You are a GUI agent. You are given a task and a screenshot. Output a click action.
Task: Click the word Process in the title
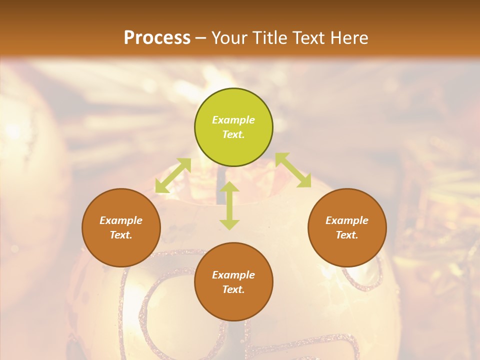pos(157,38)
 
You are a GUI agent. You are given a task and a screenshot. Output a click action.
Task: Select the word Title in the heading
pos(268,38)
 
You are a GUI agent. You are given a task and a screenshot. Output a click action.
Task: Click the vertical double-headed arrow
pos(229,205)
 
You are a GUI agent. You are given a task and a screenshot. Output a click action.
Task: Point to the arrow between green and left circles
pos(173,175)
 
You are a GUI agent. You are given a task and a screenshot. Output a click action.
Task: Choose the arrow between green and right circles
pos(293,170)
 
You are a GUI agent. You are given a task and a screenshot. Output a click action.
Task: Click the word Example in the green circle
pos(233,120)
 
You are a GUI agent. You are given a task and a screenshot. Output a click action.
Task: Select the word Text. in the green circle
pos(233,134)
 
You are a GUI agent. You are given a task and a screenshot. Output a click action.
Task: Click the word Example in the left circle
pos(121,220)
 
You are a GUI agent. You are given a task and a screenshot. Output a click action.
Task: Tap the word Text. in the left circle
pos(121,235)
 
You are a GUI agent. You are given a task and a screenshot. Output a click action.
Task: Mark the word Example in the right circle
pos(347,220)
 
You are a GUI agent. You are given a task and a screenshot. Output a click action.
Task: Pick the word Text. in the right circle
pos(347,235)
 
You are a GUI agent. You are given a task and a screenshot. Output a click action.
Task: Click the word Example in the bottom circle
pos(233,275)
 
